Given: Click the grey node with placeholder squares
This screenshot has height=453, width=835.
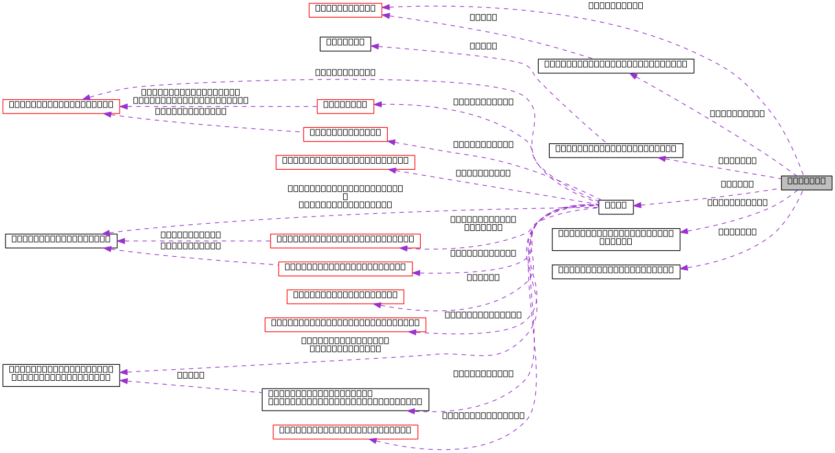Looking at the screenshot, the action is pos(806,182).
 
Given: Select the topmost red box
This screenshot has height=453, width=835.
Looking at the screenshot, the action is pos(345,10).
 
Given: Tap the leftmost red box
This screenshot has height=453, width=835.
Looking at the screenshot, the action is pos(61,107).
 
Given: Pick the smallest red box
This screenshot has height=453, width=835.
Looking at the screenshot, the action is pos(345,107).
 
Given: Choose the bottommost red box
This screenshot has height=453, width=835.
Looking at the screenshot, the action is pos(345,432).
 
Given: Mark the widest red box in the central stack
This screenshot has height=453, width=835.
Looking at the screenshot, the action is pos(345,325).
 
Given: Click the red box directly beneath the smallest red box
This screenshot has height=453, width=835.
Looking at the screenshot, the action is pos(345,134).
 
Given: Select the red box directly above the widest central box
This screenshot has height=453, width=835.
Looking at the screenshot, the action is pos(345,297).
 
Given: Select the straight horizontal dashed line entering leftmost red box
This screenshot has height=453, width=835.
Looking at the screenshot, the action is pos(220,106).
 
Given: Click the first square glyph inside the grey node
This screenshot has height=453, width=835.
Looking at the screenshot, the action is pos(790,181).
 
